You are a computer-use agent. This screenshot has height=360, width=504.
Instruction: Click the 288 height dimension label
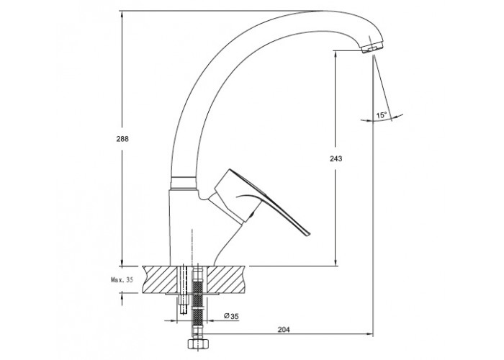[122, 139]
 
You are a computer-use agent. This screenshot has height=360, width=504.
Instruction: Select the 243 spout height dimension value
[336, 158]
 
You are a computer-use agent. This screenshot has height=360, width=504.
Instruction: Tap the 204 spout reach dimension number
[284, 330]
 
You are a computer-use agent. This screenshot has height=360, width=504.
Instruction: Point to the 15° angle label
[382, 115]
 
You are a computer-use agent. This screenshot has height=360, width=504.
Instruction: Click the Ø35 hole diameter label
[231, 316]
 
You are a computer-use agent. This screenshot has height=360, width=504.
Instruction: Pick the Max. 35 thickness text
[122, 279]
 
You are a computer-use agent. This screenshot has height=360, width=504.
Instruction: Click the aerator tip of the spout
[372, 48]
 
